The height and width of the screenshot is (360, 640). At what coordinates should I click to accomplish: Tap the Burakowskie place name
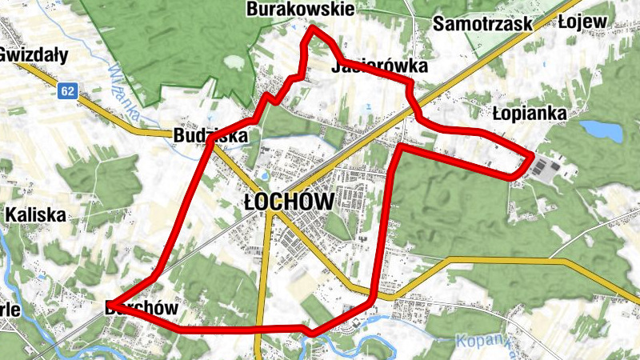(300, 10)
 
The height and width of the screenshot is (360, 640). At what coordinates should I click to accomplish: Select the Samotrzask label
(482, 24)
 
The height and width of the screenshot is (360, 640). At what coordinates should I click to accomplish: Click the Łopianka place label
(529, 114)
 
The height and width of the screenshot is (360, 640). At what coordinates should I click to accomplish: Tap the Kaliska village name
(35, 214)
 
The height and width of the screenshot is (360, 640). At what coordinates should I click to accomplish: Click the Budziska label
(210, 137)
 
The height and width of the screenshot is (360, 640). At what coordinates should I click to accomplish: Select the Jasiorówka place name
(378, 67)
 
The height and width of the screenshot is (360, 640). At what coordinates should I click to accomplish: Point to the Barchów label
(141, 308)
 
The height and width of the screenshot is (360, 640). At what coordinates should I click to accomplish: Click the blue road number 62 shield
(66, 91)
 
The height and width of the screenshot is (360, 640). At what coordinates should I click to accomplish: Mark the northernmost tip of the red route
(313, 28)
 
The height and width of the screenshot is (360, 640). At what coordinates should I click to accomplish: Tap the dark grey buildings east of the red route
(546, 167)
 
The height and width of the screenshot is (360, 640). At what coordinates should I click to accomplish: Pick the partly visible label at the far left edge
(9, 310)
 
